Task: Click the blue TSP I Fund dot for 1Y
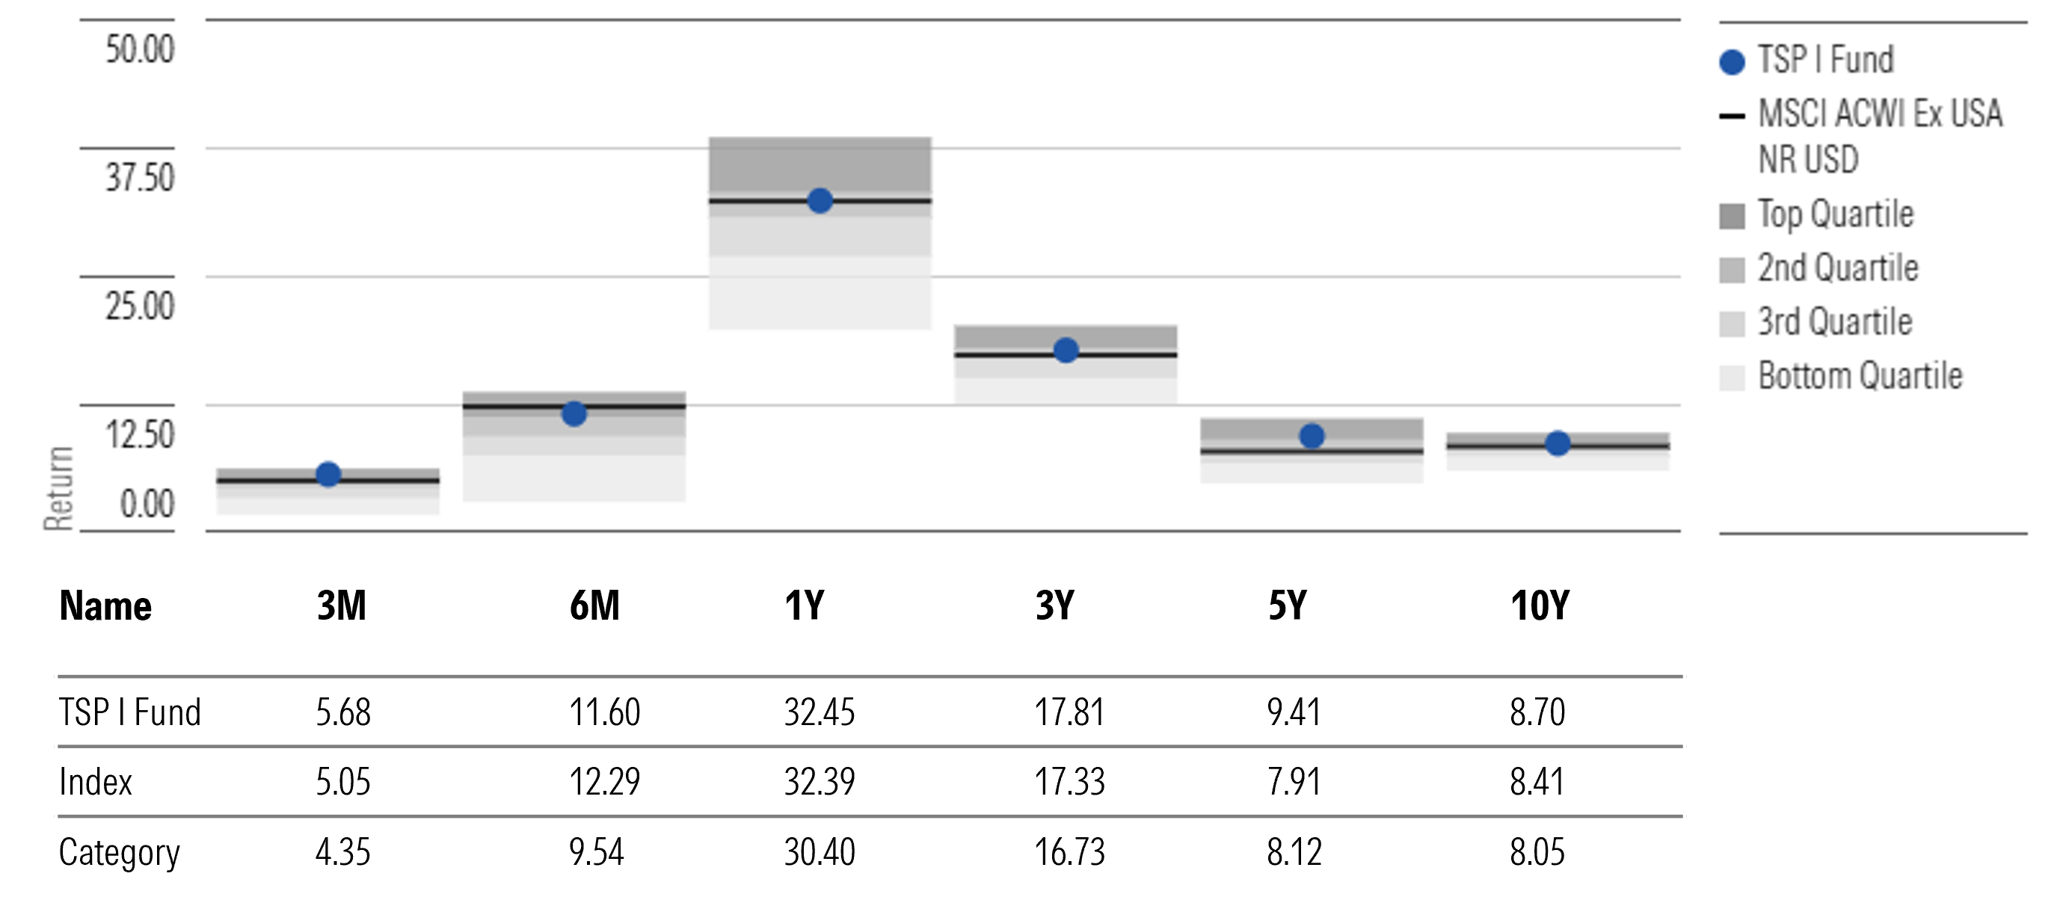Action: point(820,201)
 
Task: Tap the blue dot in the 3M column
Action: point(328,475)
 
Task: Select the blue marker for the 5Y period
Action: point(1312,436)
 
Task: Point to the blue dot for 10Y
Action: point(1558,443)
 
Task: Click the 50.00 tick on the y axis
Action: point(139,49)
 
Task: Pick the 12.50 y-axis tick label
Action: point(139,434)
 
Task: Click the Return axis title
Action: point(58,487)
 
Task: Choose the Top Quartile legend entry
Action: point(1834,215)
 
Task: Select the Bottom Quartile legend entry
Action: point(1859,376)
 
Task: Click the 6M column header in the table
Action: point(594,605)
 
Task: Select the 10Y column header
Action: point(1539,605)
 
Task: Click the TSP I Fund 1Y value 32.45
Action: point(820,712)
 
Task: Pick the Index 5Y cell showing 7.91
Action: point(1293,782)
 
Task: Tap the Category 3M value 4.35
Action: point(343,852)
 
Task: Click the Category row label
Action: point(119,852)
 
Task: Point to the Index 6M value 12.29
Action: point(604,782)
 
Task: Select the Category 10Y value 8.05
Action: point(1537,852)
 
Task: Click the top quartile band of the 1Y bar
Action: point(820,164)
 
